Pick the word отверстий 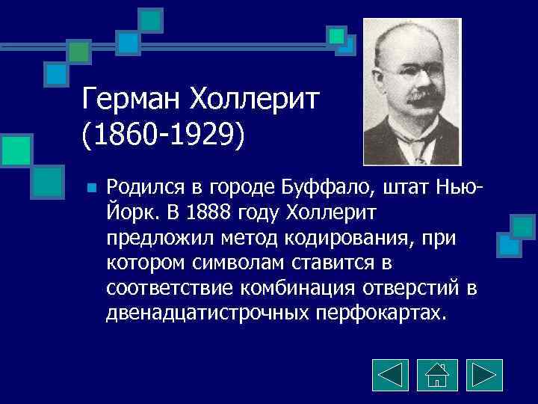tap(414, 289)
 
